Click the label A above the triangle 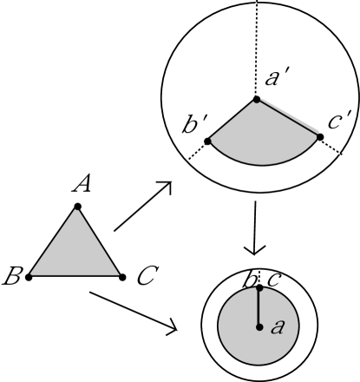click(x=83, y=185)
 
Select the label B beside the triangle click(x=12, y=278)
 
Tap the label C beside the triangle click(x=146, y=278)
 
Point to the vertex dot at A click(x=77, y=206)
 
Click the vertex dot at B click(x=29, y=276)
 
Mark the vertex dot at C click(x=121, y=276)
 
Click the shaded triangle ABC click(x=75, y=252)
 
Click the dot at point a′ click(x=255, y=99)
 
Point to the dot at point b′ click(x=207, y=140)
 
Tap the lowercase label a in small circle click(x=278, y=326)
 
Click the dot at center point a click(x=259, y=327)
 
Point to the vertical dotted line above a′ click(x=257, y=43)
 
